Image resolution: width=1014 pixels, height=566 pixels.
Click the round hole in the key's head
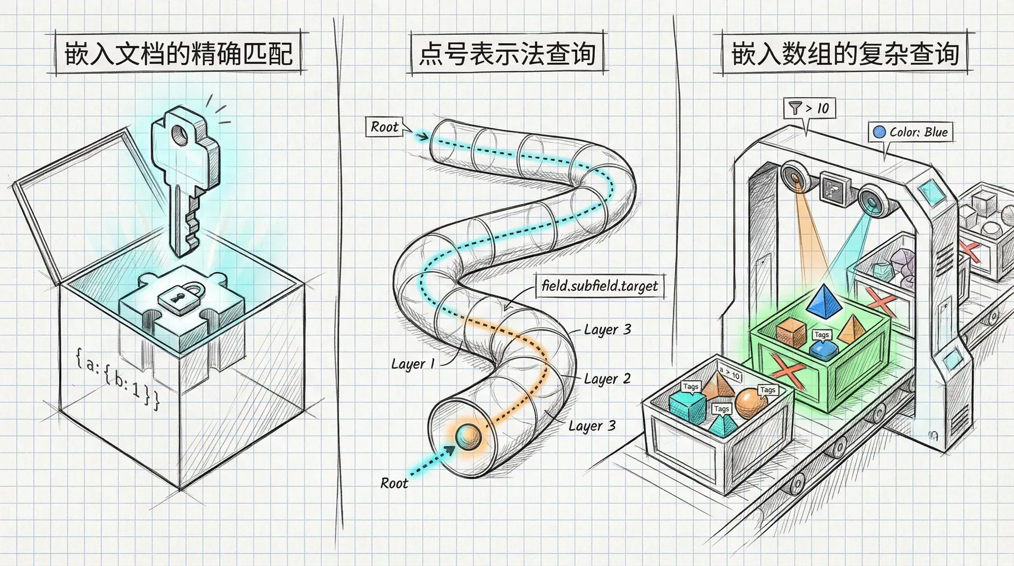[x=181, y=135]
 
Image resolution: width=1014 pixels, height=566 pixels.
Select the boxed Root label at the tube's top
[x=384, y=127]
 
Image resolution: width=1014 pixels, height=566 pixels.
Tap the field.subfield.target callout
[x=600, y=286]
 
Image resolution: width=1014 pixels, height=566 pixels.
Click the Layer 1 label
[x=412, y=364]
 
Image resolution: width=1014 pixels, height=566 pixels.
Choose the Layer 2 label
[x=607, y=379]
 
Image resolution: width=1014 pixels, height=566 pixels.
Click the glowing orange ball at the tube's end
[x=468, y=436]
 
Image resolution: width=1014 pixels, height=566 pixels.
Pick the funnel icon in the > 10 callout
[x=794, y=108]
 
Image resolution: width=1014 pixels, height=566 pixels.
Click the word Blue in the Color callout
[x=936, y=132]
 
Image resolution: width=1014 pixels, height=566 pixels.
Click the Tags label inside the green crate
[x=821, y=335]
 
